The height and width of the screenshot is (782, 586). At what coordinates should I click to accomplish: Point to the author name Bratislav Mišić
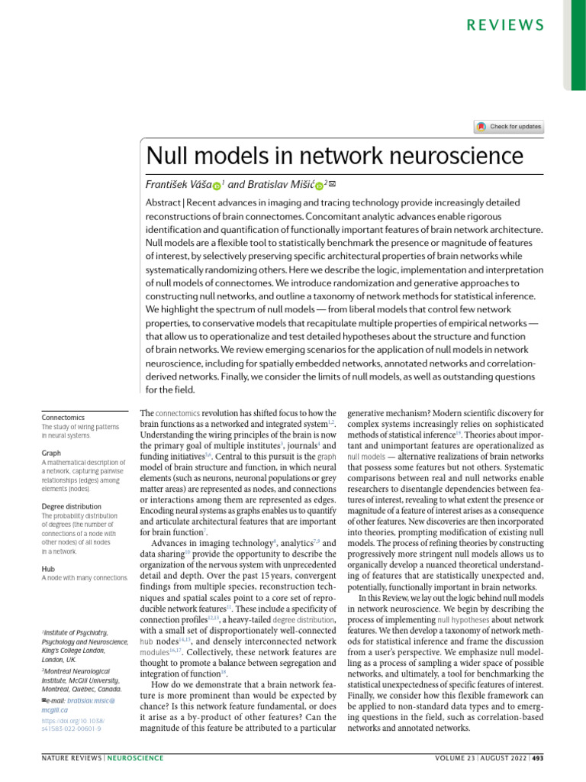(281, 185)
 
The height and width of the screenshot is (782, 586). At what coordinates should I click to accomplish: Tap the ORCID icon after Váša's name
(216, 186)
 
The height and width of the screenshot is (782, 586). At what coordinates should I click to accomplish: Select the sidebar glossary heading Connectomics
(63, 418)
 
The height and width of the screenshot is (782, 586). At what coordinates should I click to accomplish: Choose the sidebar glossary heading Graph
(51, 453)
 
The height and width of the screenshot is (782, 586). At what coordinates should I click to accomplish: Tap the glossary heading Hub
(49, 569)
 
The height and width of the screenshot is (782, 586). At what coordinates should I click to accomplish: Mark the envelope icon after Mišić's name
(332, 183)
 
